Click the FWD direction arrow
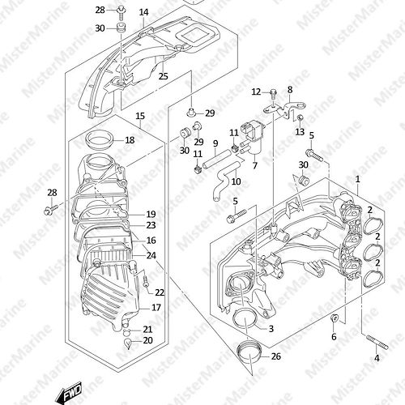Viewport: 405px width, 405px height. tap(68, 394)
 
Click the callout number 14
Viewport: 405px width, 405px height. tap(144, 12)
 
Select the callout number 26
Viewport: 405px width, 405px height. tap(275, 356)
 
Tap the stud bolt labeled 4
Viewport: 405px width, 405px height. tap(377, 342)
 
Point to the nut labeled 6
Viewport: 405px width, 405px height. tap(334, 318)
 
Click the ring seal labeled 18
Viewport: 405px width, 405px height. tap(99, 139)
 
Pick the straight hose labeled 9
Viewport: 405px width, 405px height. tap(216, 160)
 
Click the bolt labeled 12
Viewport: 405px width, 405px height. tap(273, 95)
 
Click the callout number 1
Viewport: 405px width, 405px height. tap(358, 179)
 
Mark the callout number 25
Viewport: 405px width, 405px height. tap(163, 76)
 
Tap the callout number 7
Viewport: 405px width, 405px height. tap(255, 165)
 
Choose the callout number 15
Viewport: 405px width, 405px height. tap(140, 117)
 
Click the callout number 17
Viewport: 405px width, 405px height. tap(156, 307)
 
